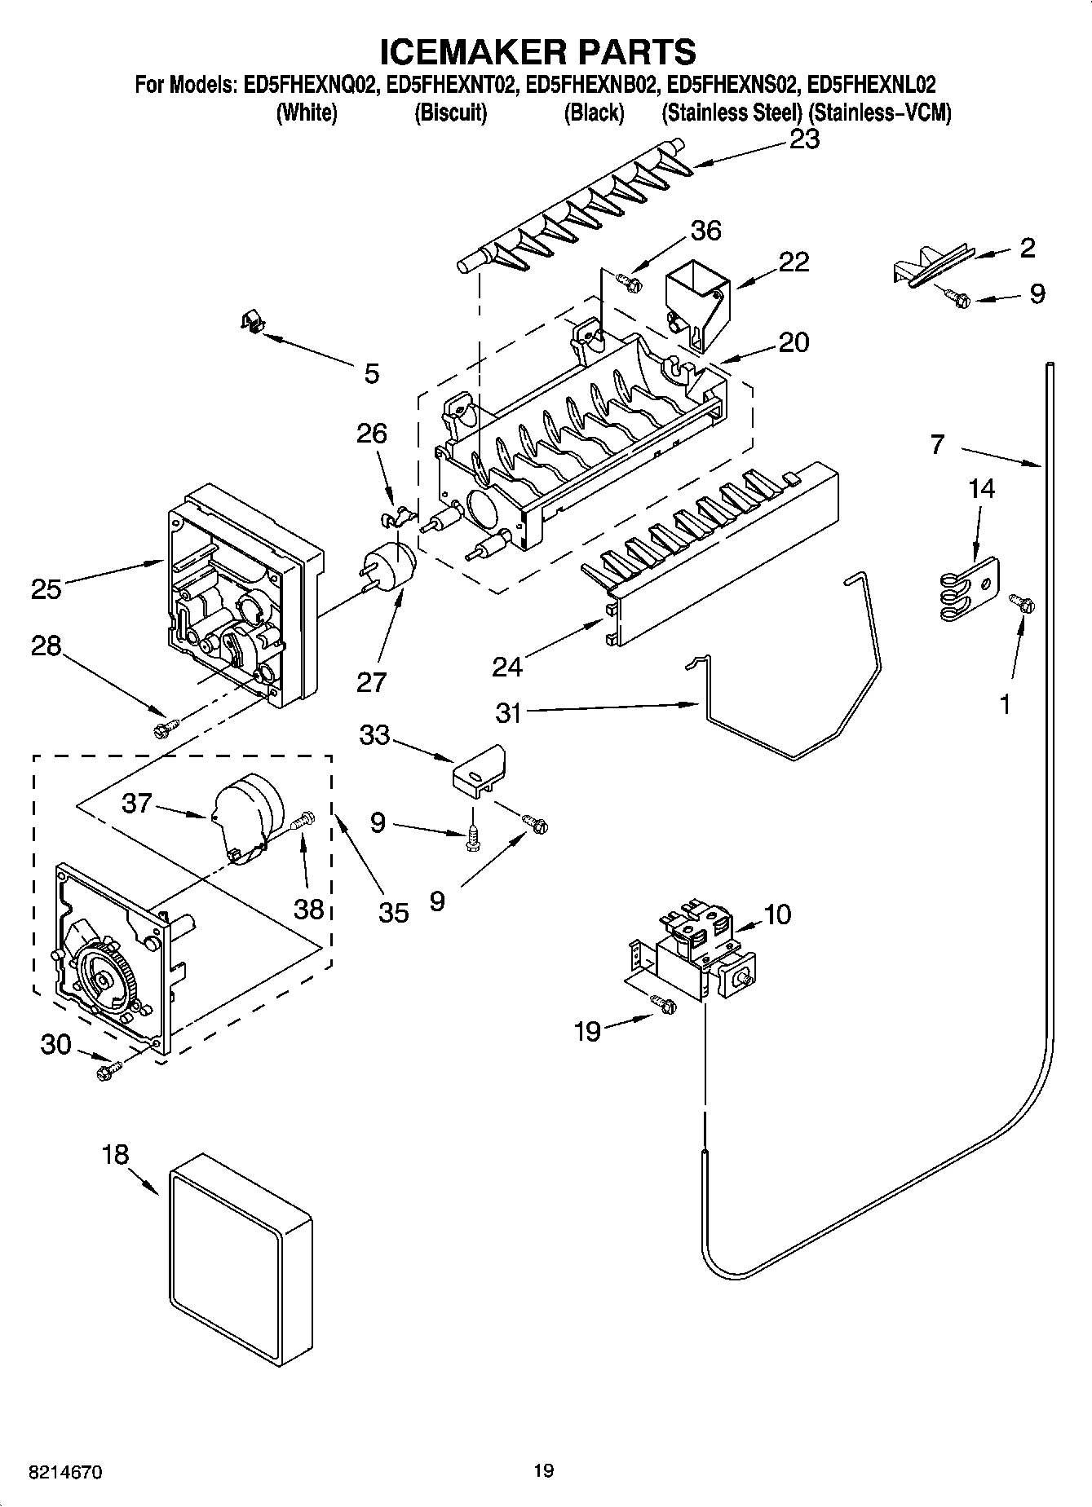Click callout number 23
click(804, 140)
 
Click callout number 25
click(46, 588)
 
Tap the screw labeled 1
click(1021, 603)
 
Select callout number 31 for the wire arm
click(508, 712)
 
